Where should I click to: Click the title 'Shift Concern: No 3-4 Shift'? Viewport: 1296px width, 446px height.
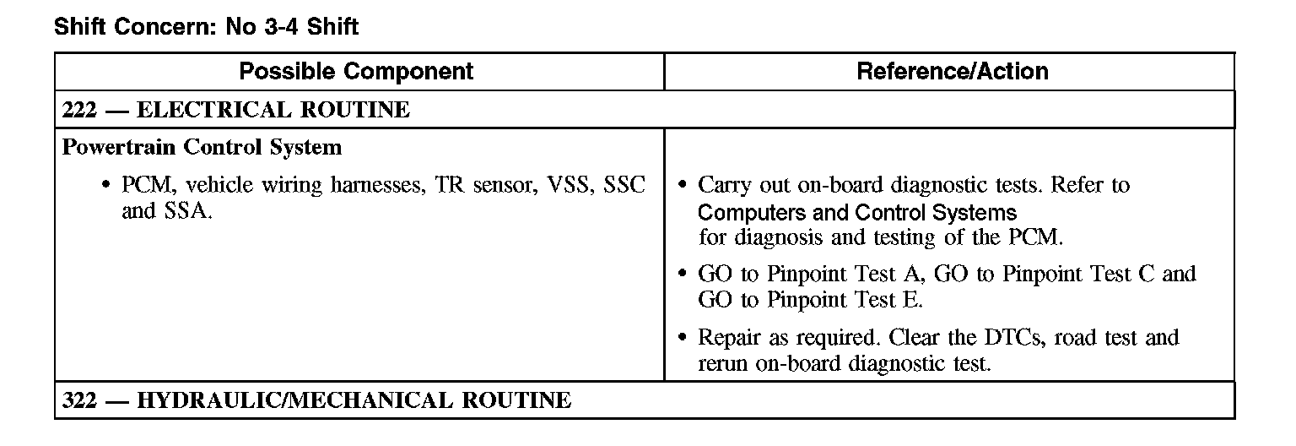pos(206,27)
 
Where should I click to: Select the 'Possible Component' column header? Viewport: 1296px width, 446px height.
pos(356,72)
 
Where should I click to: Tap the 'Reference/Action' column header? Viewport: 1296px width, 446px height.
pos(953,72)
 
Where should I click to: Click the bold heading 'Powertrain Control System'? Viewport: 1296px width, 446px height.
pos(202,148)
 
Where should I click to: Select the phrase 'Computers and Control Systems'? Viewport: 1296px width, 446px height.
pos(857,212)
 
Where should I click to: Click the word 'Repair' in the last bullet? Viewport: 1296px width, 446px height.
pos(731,339)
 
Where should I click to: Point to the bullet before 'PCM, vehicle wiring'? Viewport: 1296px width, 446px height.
pos(105,185)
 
